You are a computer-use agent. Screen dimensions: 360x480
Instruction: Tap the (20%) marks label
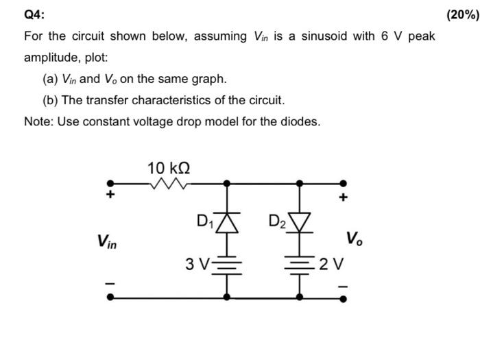[462, 14]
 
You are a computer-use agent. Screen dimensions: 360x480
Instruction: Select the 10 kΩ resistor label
[169, 167]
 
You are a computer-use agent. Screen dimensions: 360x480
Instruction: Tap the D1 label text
[204, 221]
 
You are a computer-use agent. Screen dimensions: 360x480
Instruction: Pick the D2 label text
[278, 221]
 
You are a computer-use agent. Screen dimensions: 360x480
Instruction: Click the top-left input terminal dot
[107, 184]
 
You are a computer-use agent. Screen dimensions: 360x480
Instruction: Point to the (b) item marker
[50, 100]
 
